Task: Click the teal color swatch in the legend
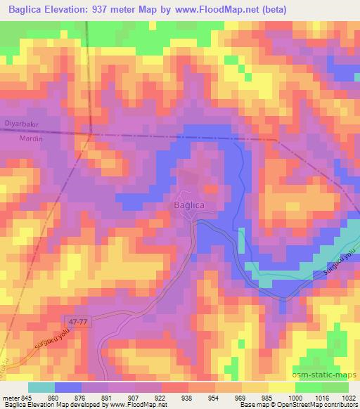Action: click(42, 387)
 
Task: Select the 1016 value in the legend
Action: click(313, 398)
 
